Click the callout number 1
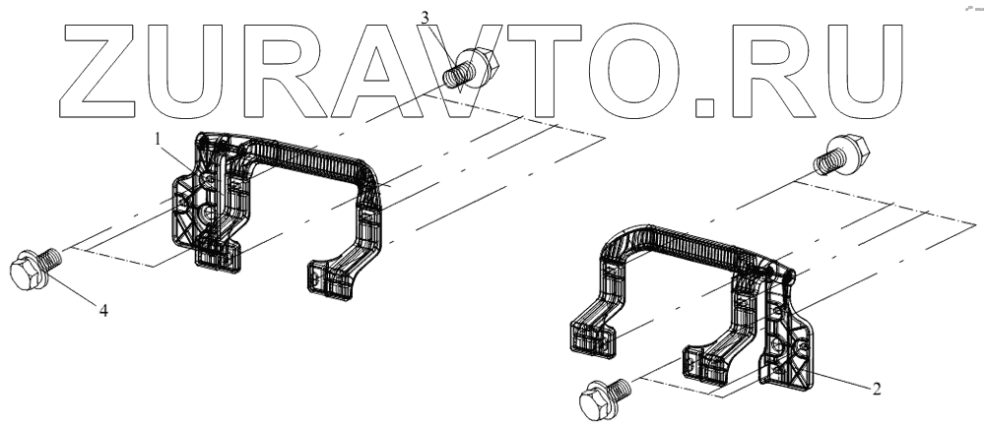160,141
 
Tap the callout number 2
877,389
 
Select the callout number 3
426,18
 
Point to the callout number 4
103,310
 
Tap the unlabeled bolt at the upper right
842,153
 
